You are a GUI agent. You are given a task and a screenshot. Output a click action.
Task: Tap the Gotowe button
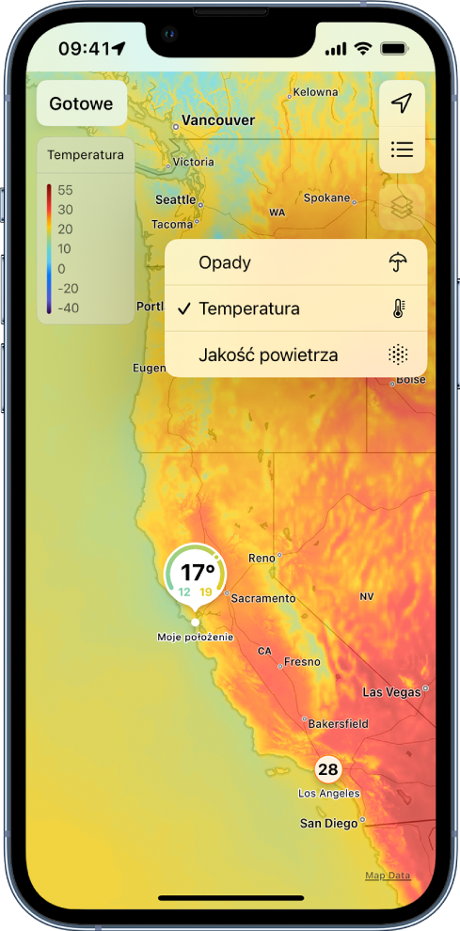[81, 104]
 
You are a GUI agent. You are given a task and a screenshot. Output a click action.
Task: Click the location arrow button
[402, 104]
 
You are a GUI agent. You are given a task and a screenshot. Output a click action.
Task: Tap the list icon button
[402, 150]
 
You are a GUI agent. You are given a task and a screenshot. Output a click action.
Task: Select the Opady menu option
[225, 262]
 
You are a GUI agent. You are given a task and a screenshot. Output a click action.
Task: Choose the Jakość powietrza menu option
[268, 355]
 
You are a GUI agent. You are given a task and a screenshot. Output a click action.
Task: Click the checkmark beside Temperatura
[184, 308]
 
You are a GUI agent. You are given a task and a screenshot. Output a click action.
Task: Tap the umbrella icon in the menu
[399, 262]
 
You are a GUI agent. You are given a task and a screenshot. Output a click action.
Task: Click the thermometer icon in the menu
[399, 308]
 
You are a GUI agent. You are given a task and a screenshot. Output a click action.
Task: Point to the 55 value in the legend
[65, 190]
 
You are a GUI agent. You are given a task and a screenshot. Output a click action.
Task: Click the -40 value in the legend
[67, 308]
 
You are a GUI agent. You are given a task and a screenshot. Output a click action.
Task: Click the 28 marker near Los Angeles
[327, 770]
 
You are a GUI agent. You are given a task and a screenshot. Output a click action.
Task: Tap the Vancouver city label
[218, 120]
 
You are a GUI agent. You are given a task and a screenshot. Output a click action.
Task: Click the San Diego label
[328, 823]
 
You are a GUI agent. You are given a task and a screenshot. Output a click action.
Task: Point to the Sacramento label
[263, 598]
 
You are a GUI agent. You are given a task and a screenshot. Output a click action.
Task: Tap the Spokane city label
[326, 198]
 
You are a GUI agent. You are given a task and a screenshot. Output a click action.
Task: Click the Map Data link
[388, 876]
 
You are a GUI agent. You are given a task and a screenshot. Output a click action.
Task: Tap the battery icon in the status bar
[394, 48]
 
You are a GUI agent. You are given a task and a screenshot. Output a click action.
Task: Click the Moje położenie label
[196, 637]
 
